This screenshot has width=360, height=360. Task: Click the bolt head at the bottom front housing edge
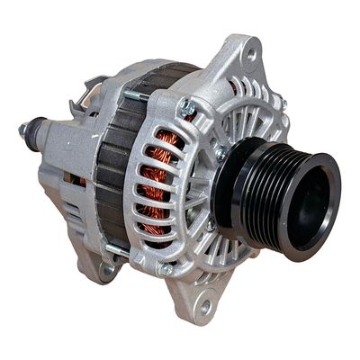coord(166,268)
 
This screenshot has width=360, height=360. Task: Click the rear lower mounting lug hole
coord(108,269)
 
